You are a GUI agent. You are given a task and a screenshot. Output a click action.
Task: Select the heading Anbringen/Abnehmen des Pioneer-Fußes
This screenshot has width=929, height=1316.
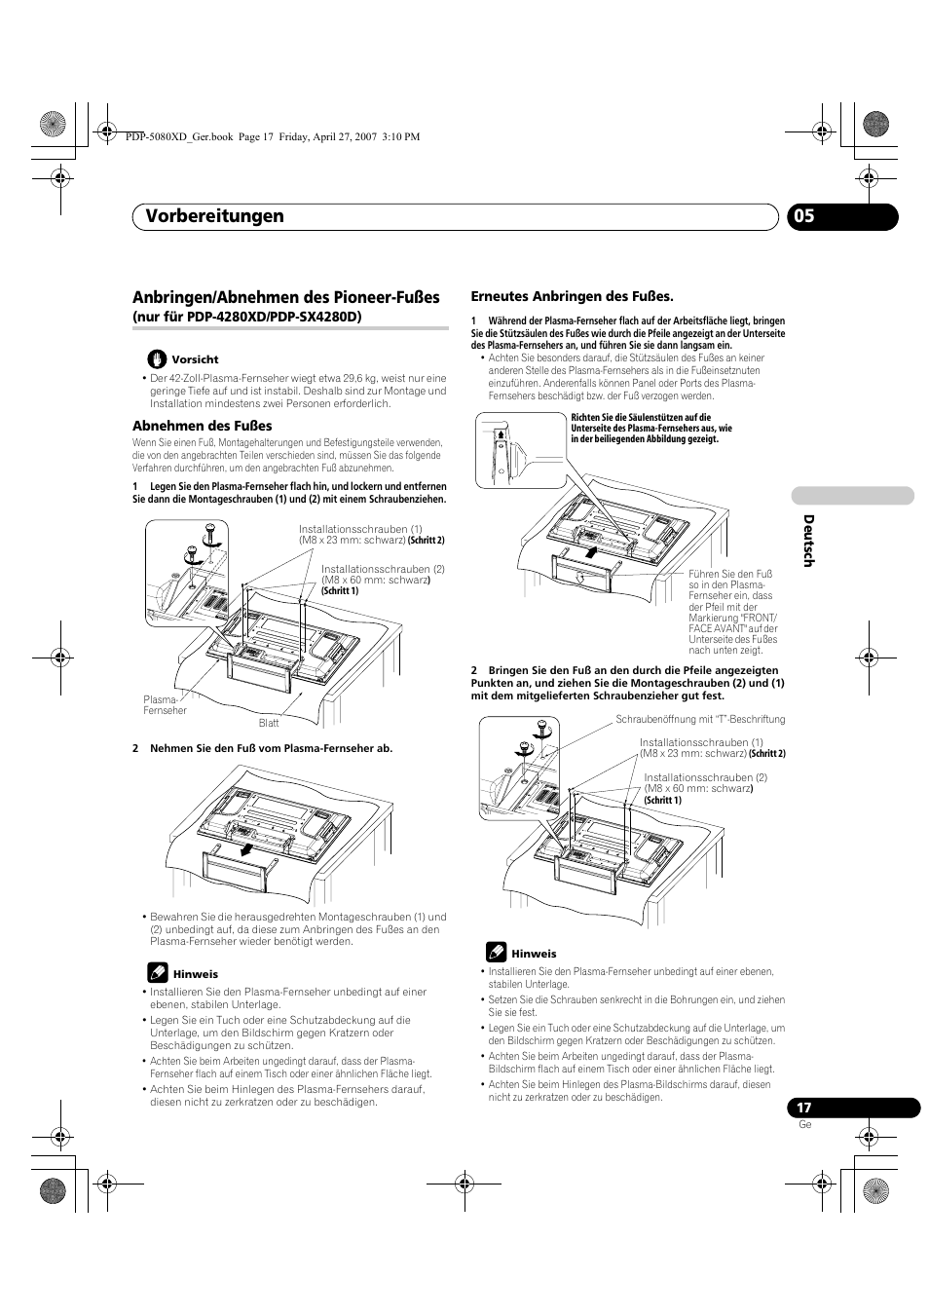(x=285, y=297)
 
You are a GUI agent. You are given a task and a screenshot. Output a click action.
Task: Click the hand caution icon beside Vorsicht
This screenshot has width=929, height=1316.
(x=158, y=358)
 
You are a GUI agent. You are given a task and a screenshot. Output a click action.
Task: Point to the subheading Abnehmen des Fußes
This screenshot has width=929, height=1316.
(x=202, y=426)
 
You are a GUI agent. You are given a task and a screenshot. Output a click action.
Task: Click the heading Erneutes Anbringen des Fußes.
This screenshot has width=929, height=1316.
(x=572, y=295)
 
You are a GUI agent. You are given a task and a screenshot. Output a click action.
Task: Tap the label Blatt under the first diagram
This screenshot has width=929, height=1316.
(x=269, y=723)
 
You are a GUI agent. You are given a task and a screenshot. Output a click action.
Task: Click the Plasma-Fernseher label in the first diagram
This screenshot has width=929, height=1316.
(x=165, y=705)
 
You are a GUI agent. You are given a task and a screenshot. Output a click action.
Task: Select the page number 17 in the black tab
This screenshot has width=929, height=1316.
(x=803, y=1108)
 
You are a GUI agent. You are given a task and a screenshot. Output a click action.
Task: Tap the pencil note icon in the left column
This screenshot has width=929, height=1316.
(x=158, y=972)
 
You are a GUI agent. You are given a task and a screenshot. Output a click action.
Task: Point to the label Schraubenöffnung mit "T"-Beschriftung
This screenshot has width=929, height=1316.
(x=699, y=720)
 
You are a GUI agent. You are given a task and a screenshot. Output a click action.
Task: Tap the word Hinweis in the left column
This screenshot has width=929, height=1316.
(x=195, y=974)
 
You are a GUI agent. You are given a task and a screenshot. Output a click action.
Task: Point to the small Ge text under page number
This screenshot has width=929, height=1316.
(x=804, y=1124)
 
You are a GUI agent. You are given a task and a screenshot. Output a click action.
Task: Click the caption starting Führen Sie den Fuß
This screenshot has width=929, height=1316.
(x=732, y=612)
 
